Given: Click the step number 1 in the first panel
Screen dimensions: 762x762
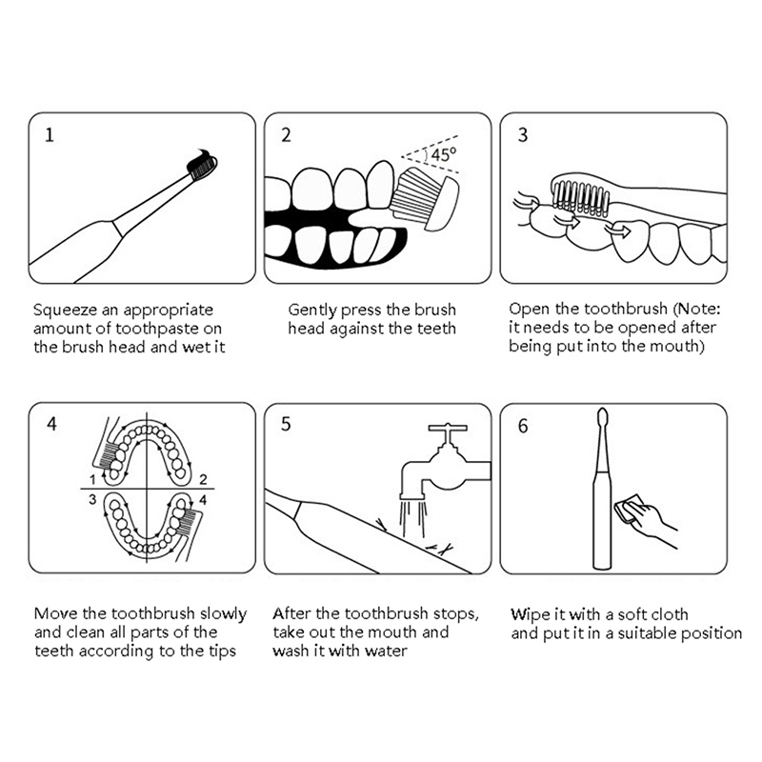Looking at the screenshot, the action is point(50,134).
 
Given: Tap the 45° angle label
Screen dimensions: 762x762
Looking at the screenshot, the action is point(444,154).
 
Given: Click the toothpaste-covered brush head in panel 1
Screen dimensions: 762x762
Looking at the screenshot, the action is point(202,164).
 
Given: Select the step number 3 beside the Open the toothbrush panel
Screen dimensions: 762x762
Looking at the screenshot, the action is point(522,134).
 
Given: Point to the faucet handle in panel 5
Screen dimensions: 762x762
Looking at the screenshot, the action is point(448,429).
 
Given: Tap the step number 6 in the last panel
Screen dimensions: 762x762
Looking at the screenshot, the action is point(522,426).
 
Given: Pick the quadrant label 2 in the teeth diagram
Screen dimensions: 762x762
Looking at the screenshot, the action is point(203,480).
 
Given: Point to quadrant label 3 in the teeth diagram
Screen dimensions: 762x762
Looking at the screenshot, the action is point(92,499).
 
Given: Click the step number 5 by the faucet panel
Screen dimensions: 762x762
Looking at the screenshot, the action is point(286,424).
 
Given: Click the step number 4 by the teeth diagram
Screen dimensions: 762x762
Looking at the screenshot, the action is point(51,424).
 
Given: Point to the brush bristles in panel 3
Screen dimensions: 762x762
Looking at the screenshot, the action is point(581,198).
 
